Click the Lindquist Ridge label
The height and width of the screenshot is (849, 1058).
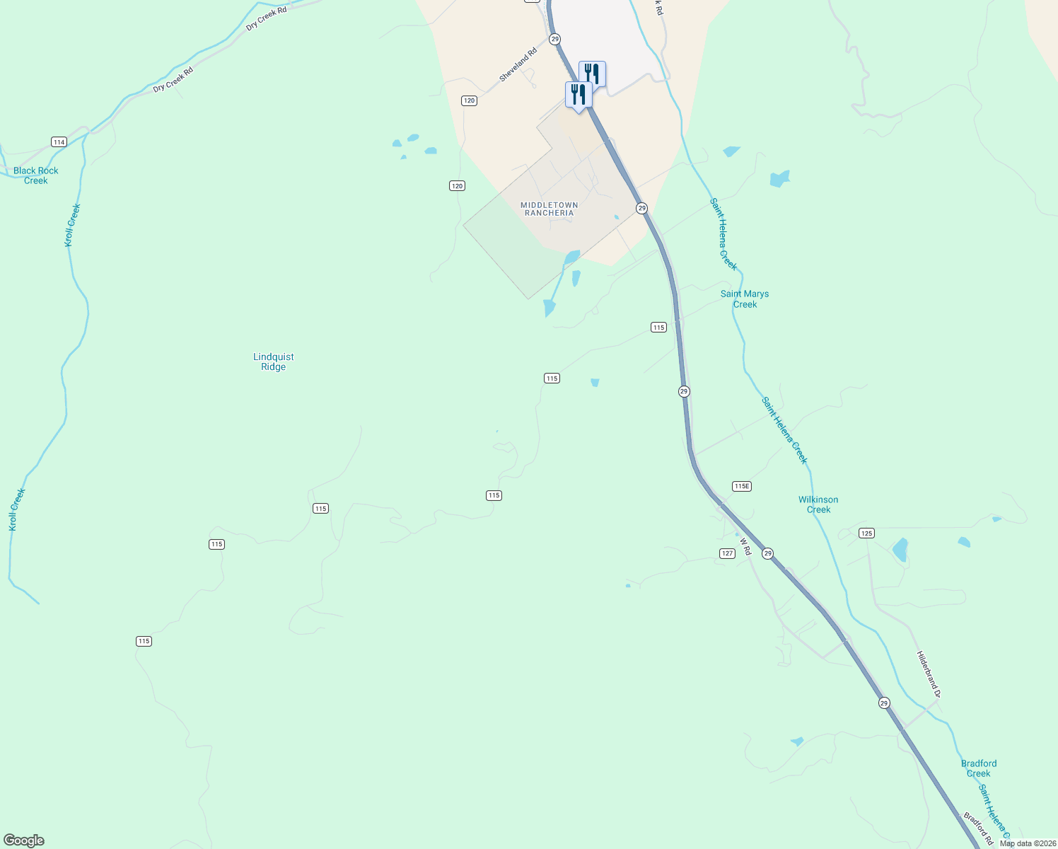click(x=274, y=362)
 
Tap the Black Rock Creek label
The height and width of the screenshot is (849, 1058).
click(x=36, y=175)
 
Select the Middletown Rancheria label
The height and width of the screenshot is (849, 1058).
click(x=549, y=209)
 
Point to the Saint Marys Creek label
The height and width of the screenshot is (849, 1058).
click(x=745, y=299)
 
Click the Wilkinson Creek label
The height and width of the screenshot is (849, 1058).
click(x=818, y=504)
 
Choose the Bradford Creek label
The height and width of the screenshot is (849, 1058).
click(x=979, y=768)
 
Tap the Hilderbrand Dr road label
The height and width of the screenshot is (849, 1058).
click(x=928, y=674)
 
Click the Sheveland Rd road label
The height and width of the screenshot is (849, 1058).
click(x=518, y=64)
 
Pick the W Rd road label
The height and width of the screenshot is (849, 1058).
click(x=745, y=546)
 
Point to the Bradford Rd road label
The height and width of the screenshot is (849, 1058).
click(x=978, y=828)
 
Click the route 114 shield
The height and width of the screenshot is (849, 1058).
click(x=59, y=142)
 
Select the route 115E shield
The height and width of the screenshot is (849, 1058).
click(x=741, y=486)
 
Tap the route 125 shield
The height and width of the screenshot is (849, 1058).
click(x=866, y=533)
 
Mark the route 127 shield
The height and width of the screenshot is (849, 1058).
click(x=727, y=553)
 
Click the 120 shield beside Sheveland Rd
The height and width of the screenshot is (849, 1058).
click(x=470, y=100)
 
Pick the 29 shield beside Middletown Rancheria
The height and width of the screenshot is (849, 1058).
click(x=641, y=208)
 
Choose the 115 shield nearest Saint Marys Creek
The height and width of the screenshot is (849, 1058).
click(x=658, y=327)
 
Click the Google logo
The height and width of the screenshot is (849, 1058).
click(x=24, y=841)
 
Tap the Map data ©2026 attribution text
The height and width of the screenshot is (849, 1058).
click(x=1028, y=843)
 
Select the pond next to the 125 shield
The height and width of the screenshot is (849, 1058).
click(x=900, y=550)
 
